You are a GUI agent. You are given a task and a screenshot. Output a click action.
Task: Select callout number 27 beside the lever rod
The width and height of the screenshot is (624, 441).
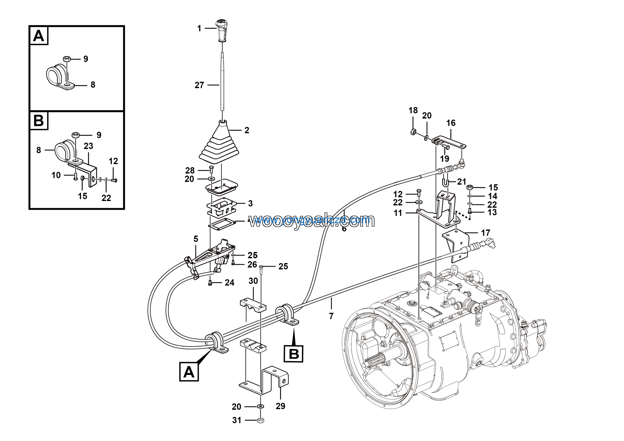click(x=199, y=85)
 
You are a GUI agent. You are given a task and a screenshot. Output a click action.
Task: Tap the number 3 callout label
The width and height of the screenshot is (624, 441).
click(x=250, y=203)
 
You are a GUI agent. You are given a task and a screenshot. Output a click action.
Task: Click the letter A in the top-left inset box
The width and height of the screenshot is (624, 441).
click(x=38, y=36)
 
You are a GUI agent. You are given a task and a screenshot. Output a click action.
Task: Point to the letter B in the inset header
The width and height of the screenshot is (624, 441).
click(x=38, y=120)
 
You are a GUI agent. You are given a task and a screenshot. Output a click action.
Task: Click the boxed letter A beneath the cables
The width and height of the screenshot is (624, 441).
click(x=189, y=372)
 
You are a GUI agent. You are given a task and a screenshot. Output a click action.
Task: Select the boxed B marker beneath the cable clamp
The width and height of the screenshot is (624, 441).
click(x=293, y=354)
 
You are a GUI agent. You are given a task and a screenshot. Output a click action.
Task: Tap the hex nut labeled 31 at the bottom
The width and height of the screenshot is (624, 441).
click(x=260, y=420)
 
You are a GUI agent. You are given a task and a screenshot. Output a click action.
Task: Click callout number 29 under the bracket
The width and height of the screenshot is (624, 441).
click(x=281, y=406)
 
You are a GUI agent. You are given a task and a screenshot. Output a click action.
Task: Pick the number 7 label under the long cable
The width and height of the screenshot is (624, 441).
click(x=331, y=316)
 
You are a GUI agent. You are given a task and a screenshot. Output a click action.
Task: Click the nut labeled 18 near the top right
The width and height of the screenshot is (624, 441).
click(x=413, y=132)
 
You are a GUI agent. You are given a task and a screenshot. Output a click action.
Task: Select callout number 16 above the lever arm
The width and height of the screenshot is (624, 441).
click(x=451, y=123)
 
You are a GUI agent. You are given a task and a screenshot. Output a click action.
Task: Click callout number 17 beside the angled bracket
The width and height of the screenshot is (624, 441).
click(x=485, y=233)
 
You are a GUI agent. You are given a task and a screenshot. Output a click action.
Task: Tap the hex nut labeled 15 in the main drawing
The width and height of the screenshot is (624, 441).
click(x=470, y=187)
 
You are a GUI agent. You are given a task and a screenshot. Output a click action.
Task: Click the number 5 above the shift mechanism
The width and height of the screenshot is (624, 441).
click(x=196, y=239)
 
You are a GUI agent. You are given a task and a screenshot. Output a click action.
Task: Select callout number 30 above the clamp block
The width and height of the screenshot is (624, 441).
click(x=253, y=281)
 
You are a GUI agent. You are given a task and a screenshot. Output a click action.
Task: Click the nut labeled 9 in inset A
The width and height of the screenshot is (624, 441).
click(x=67, y=59)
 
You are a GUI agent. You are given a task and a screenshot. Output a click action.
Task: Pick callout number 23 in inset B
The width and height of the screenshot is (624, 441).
click(x=88, y=146)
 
